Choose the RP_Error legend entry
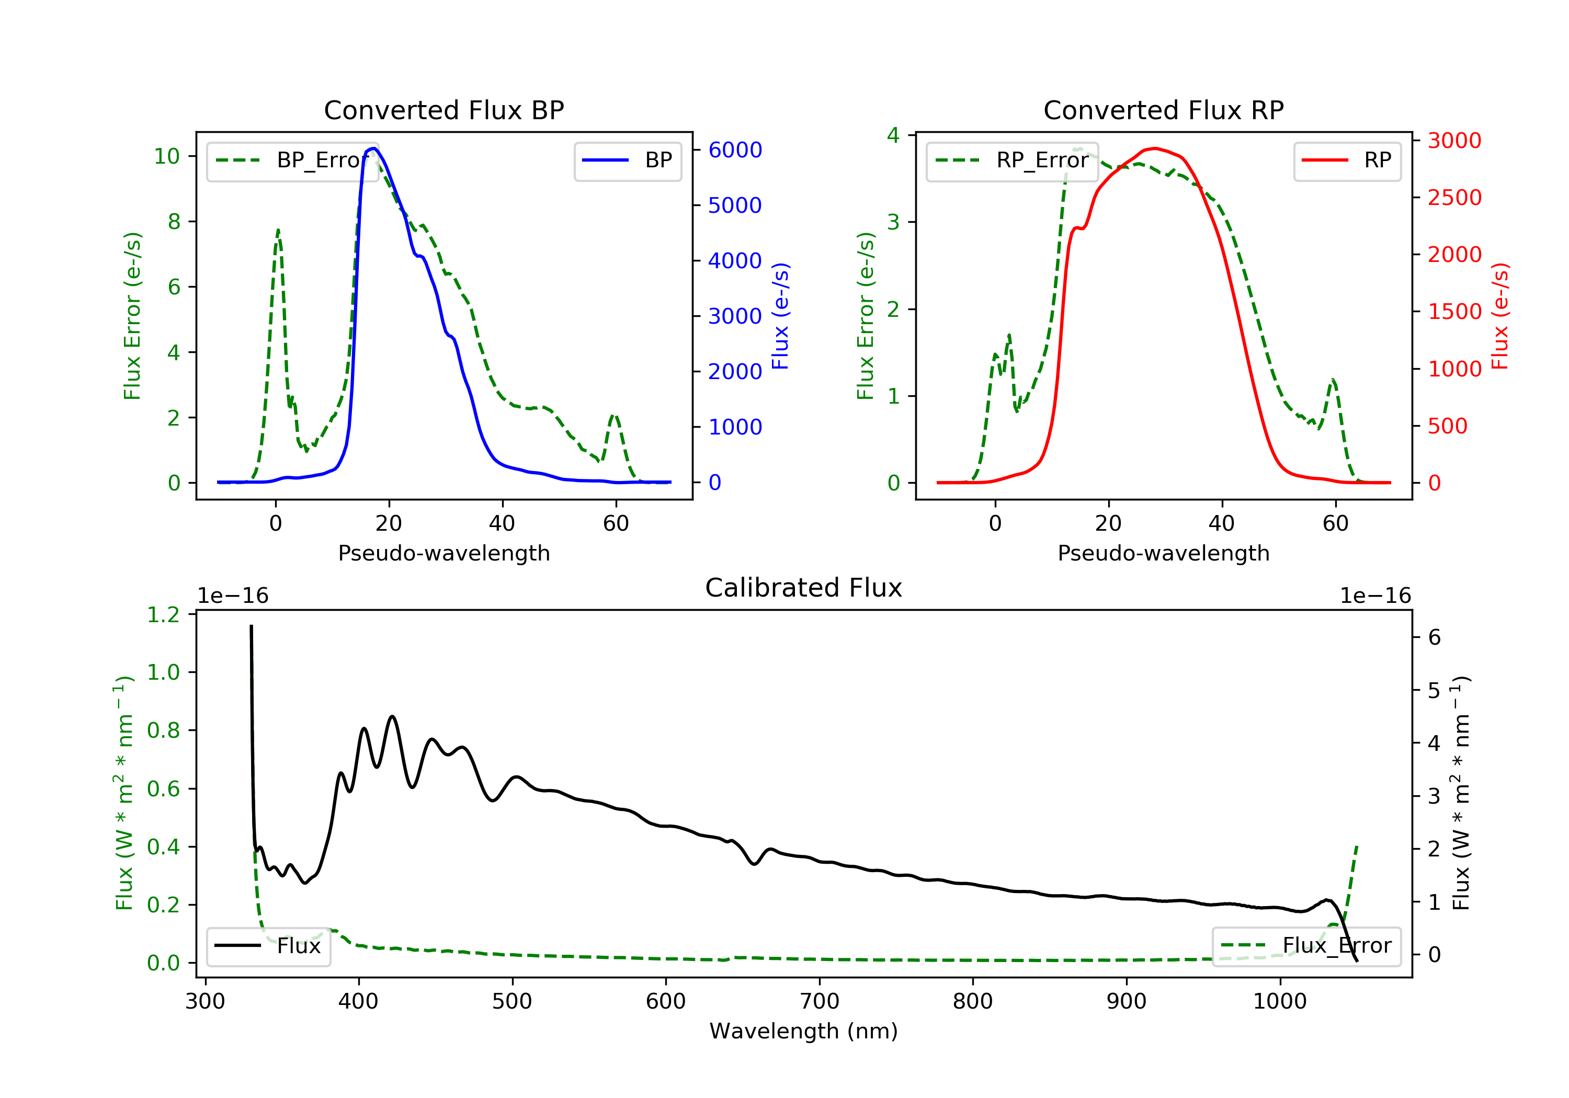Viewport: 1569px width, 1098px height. pos(1012,161)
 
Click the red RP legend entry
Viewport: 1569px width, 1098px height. pos(1347,161)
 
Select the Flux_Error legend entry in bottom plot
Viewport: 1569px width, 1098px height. pos(1306,946)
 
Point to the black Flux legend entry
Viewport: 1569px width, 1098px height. pos(269,946)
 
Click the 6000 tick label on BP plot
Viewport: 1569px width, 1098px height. pos(735,150)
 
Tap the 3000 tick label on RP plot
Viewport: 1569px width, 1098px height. pos(1454,141)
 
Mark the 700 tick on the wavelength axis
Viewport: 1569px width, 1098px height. pos(818,1002)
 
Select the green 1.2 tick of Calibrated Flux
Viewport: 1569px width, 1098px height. pos(163,615)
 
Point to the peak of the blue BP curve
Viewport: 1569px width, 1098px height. pos(373,148)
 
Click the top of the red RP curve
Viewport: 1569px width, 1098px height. pos(1154,148)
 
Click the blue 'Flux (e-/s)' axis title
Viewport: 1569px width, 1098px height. pos(780,316)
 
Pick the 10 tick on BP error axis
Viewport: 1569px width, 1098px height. pos(167,156)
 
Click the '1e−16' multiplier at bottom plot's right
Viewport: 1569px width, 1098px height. pos(1375,596)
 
